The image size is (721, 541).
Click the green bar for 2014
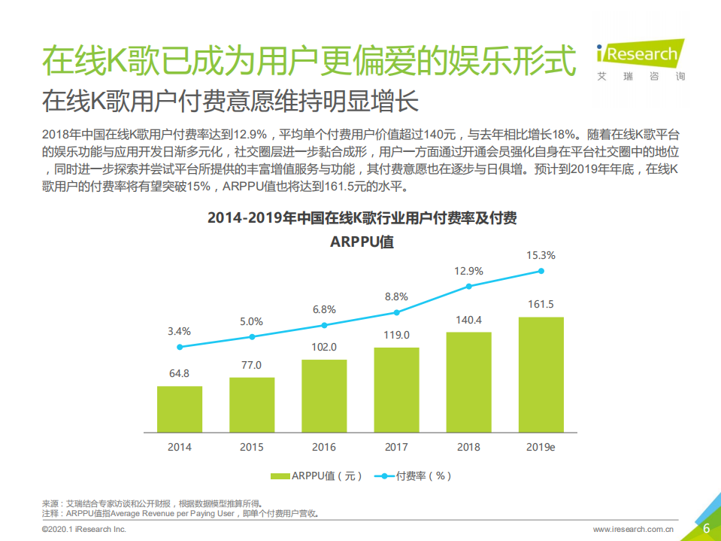179,410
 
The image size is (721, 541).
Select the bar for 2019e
541,375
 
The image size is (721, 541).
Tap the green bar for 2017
396,391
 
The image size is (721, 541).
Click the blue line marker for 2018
468,286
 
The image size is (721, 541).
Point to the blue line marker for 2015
252,336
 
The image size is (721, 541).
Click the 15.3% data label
541,255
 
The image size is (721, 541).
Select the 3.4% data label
179,331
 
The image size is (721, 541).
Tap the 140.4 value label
468,320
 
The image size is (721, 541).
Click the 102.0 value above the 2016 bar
324,348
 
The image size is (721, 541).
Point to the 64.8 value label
179,374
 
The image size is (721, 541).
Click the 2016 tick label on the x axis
324,447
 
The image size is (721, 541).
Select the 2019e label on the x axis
541,447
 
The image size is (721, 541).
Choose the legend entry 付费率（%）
414,476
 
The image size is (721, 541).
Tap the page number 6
706,528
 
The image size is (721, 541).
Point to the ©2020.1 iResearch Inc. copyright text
83,530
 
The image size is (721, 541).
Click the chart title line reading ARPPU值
362,242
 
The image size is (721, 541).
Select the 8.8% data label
396,296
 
